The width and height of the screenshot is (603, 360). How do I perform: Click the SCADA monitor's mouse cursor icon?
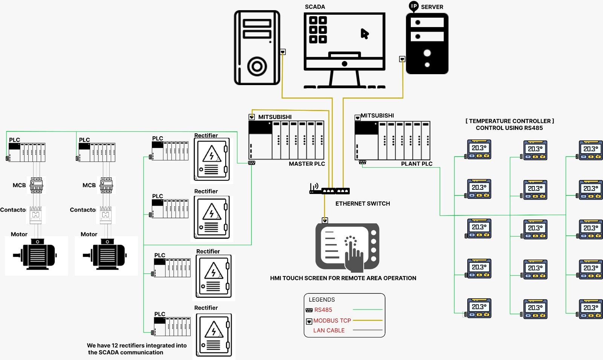364,34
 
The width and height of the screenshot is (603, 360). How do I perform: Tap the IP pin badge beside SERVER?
414,6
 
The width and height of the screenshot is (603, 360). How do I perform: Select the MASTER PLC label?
307,164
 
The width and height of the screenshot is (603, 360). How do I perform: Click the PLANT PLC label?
416,164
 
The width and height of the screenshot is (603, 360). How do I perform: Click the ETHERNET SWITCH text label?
363,204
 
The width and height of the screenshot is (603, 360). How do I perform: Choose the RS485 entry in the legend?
323,310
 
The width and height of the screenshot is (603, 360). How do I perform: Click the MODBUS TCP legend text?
332,321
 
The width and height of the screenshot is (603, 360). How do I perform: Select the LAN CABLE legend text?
329,331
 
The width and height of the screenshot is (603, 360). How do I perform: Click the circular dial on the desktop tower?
257,67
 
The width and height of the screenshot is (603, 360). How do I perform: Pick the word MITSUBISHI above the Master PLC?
275,117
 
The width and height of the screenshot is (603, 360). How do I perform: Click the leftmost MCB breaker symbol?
36,185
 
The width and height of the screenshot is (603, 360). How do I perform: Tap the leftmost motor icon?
36,255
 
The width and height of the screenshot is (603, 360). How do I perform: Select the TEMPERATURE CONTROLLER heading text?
510,121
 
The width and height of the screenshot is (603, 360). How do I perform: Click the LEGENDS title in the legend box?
321,300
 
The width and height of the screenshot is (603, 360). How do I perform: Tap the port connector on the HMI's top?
325,220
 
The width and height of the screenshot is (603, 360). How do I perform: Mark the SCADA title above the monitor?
315,7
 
